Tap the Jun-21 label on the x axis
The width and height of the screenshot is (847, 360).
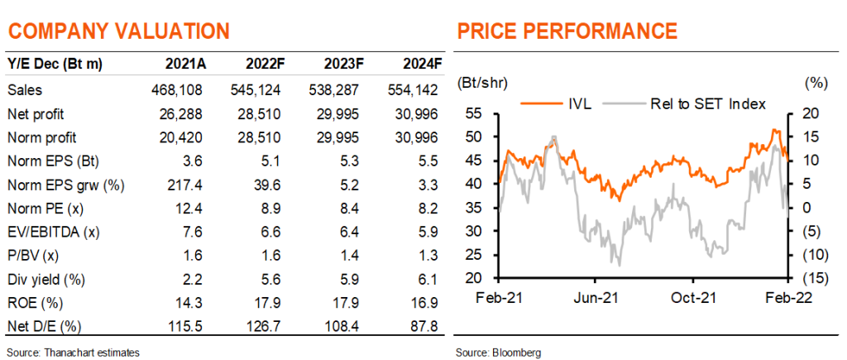pyautogui.click(x=596, y=298)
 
